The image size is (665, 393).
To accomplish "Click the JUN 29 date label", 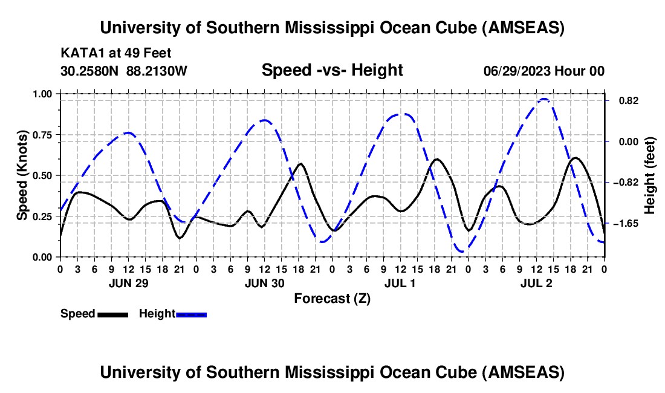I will (128, 284).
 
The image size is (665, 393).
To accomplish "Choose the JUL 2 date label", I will (536, 284).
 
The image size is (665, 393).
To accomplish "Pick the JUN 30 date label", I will (264, 284).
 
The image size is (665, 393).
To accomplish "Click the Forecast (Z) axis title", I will (332, 298).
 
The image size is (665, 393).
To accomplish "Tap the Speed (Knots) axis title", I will (22, 175).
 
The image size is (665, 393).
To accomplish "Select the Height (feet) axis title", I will (650, 175).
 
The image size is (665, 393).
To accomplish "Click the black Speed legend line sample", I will (112, 314).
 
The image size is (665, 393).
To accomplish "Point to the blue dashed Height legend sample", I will (191, 314).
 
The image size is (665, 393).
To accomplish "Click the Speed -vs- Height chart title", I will (332, 70).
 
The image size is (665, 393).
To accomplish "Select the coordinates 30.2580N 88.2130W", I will (124, 71).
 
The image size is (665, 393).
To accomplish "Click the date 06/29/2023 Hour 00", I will (543, 71).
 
